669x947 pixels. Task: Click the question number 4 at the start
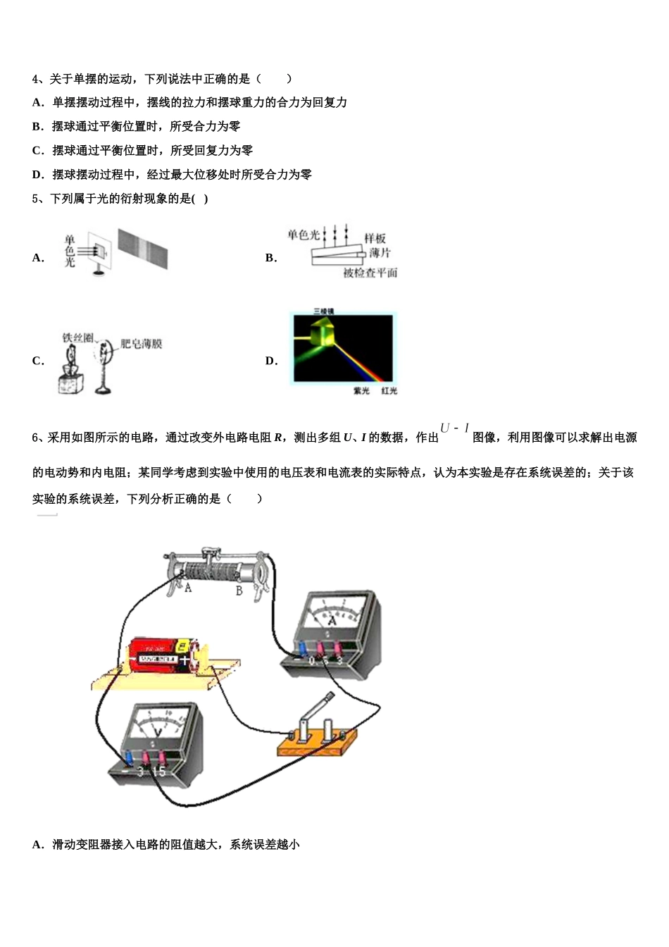pyautogui.click(x=36, y=79)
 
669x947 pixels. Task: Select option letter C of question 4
pyautogui.click(x=37, y=151)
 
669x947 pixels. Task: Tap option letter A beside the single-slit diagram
pyautogui.click(x=37, y=258)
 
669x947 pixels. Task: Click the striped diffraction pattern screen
pyautogui.click(x=143, y=248)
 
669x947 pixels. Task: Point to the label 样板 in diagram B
pyautogui.click(x=375, y=239)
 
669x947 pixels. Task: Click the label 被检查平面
pyautogui.click(x=370, y=273)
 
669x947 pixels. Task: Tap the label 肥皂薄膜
pyautogui.click(x=141, y=344)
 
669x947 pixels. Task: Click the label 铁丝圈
pyautogui.click(x=77, y=338)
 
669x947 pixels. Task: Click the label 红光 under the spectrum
pyautogui.click(x=389, y=391)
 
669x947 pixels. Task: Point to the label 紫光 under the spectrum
pyautogui.click(x=361, y=391)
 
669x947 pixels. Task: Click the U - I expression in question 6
pyautogui.click(x=454, y=428)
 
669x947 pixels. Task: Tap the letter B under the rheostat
pyautogui.click(x=239, y=590)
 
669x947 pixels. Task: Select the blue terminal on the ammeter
pyautogui.click(x=302, y=647)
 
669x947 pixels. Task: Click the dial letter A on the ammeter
pyautogui.click(x=334, y=620)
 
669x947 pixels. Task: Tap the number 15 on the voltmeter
pyautogui.click(x=159, y=772)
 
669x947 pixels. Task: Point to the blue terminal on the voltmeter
pyautogui.click(x=130, y=758)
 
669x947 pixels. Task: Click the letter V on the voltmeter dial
pyautogui.click(x=158, y=732)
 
